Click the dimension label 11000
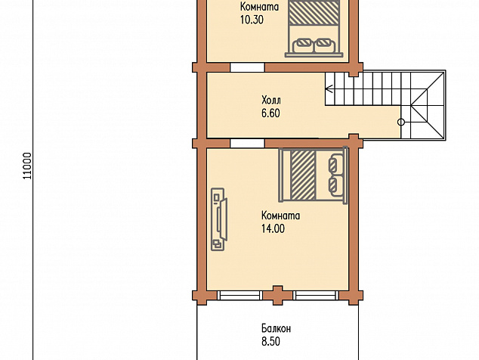[x=27, y=166]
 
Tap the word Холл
[x=271, y=100]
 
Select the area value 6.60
[x=270, y=113]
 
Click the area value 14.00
[x=273, y=228]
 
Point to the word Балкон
[x=277, y=328]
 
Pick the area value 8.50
[x=270, y=342]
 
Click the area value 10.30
[x=252, y=20]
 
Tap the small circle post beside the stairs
[x=401, y=123]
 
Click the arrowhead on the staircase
[x=329, y=89]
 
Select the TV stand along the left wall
[x=219, y=219]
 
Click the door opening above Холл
[x=247, y=67]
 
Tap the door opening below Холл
[x=247, y=143]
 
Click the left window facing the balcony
[x=239, y=295]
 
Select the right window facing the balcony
[x=316, y=295]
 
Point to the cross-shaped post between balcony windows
[x=278, y=295]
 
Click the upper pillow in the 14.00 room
[x=336, y=163]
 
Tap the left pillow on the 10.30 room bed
[x=304, y=45]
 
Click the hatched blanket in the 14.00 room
[x=303, y=175]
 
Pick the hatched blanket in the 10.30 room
[x=314, y=12]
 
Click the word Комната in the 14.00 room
[x=280, y=216]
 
